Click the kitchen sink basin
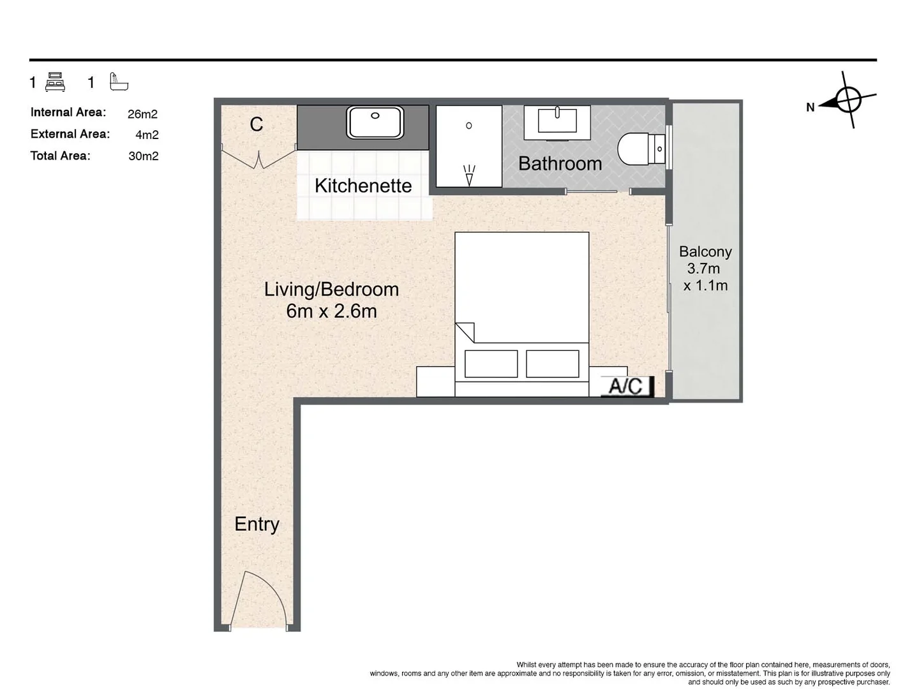(x=375, y=122)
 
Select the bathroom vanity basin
(x=557, y=121)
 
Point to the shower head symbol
(x=469, y=175)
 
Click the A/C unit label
(x=627, y=386)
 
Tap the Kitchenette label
(x=363, y=186)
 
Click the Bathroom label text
(x=560, y=163)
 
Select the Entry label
(x=257, y=524)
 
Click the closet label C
(x=257, y=124)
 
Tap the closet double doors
(x=258, y=158)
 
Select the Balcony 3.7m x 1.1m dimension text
(x=705, y=269)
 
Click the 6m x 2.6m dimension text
(x=331, y=311)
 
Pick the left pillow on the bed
(x=491, y=364)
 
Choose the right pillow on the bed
(x=553, y=364)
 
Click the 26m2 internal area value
(x=142, y=114)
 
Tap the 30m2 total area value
(x=143, y=156)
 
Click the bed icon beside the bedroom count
(x=56, y=82)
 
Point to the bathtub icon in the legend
(x=119, y=82)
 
